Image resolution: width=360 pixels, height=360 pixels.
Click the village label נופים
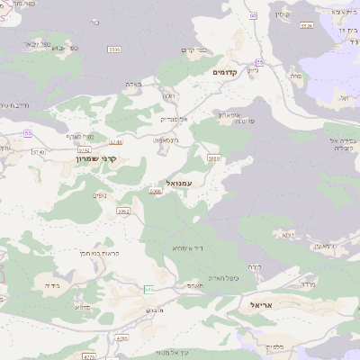(x=101, y=193)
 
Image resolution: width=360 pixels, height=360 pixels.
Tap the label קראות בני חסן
(x=92, y=253)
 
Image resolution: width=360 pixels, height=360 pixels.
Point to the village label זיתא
(x=289, y=234)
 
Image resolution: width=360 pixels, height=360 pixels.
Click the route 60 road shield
(x=254, y=16)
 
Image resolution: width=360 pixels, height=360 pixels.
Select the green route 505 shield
(x=148, y=288)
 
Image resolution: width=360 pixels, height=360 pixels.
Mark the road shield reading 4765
(x=122, y=338)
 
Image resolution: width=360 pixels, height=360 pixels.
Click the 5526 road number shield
(x=307, y=25)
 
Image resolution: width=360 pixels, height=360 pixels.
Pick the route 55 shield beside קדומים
(x=259, y=62)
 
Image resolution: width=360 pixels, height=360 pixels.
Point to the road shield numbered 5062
(x=123, y=211)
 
